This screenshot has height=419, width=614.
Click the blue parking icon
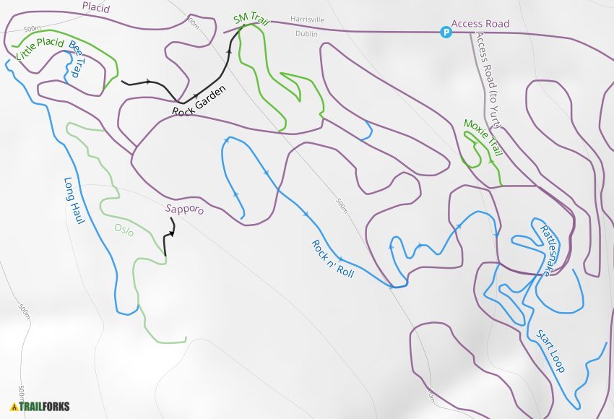coord(446,32)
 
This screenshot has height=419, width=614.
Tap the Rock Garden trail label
coord(199,102)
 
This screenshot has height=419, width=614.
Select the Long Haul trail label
coord(80,200)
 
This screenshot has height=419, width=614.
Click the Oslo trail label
coord(124,230)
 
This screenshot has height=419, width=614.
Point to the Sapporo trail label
coord(184,209)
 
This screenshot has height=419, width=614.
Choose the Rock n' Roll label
coord(332,258)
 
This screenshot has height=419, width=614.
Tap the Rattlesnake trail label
coord(550,249)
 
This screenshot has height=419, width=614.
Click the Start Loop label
coord(550,351)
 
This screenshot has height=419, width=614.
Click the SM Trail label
coord(251,20)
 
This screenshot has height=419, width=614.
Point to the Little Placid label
coord(40,50)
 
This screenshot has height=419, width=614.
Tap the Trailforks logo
coord(40,406)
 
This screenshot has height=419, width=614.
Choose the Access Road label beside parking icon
coord(480,24)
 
